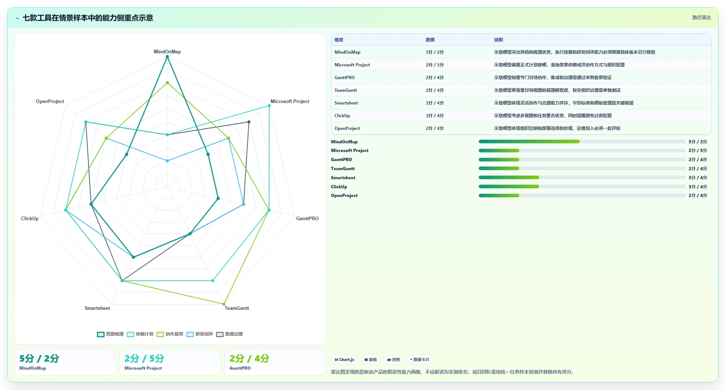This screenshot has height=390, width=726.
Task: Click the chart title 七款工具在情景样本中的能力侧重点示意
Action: pos(88,18)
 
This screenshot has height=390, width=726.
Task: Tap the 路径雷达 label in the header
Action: pos(701,17)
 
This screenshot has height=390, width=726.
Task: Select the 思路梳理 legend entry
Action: pos(111,334)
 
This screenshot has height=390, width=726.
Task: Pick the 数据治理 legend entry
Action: pos(230,334)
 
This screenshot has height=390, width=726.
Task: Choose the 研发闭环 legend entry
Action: pos(200,334)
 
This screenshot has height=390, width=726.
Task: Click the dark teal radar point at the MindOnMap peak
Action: pos(167,57)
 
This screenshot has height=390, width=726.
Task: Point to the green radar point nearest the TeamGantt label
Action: pos(224,304)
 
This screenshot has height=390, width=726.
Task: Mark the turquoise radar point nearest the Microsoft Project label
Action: pos(269,106)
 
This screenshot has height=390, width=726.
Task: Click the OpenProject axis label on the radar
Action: pos(50,101)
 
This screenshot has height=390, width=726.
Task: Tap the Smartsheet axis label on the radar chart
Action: pos(97,308)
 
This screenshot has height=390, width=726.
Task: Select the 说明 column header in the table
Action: pos(498,40)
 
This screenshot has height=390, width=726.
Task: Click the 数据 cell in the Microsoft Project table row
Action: pos(434,65)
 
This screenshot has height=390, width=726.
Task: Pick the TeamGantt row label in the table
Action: pos(346,90)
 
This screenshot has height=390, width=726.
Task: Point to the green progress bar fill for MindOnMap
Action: pos(529,141)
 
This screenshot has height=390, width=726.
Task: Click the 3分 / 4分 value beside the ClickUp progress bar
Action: pos(698,187)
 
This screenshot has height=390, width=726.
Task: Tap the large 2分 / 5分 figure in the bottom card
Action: pos(144,358)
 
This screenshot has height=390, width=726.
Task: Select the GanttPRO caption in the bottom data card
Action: pos(240,368)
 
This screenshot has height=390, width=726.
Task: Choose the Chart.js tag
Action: pos(344,360)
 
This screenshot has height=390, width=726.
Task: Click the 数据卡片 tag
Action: pos(420,360)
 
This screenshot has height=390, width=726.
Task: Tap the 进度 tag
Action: pos(393,360)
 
